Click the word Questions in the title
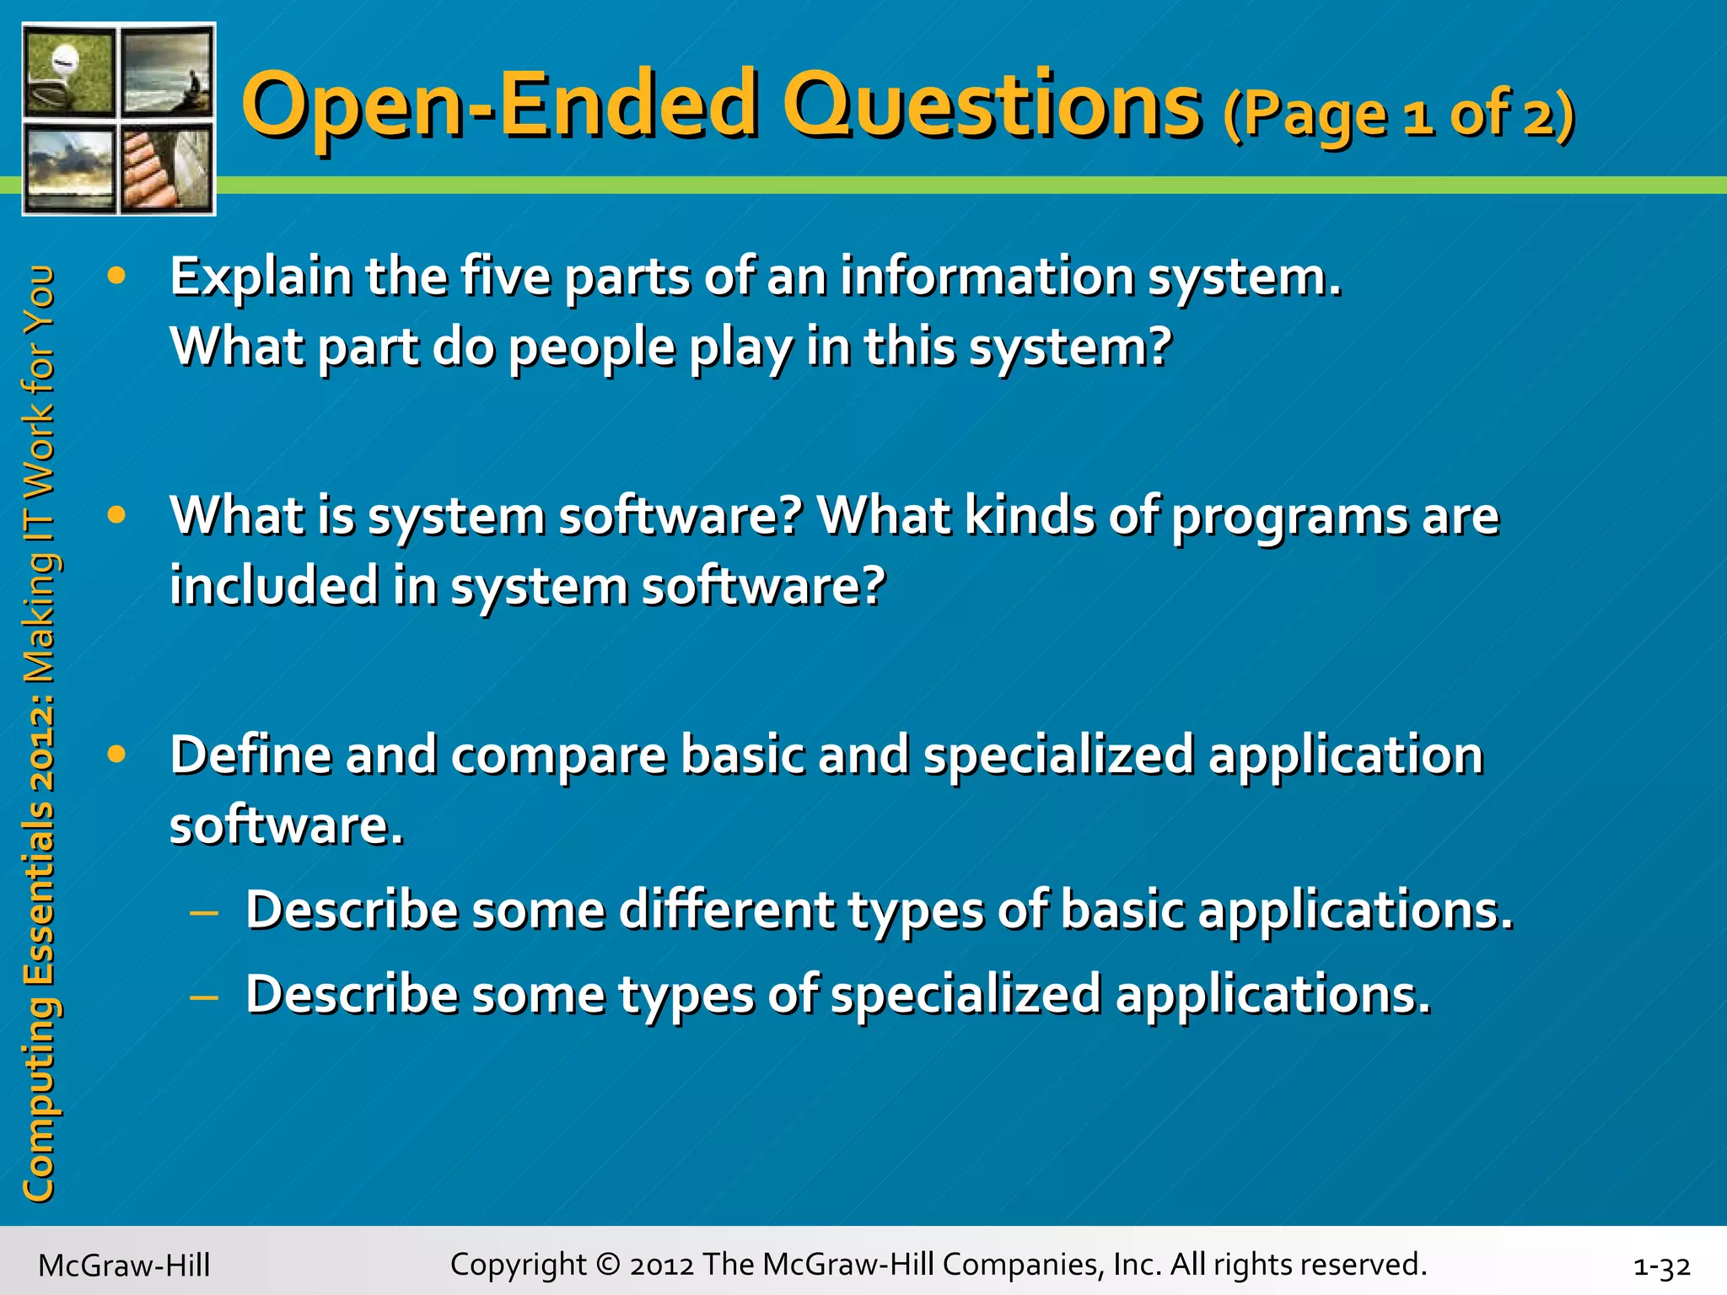[x=992, y=105]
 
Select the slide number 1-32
[x=1660, y=1265]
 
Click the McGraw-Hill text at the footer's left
[x=124, y=1265]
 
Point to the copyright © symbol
[x=606, y=1265]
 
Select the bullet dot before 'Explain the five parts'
[x=116, y=276]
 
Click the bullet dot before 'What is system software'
[x=116, y=514]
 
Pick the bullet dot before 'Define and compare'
[x=116, y=754]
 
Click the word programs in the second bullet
[x=1289, y=516]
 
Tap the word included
[x=273, y=586]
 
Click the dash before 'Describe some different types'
[x=205, y=912]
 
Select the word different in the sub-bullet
[x=726, y=911]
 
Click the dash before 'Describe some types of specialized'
[x=205, y=997]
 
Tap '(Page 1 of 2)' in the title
[x=1398, y=116]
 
